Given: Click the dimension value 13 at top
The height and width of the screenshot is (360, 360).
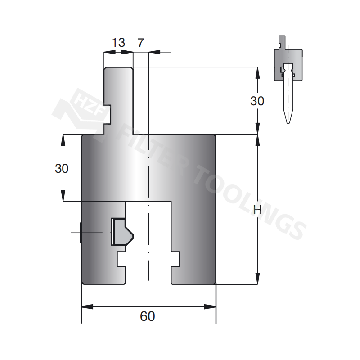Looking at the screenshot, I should coord(118,43).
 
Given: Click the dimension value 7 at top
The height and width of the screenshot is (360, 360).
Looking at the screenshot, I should coord(140,43).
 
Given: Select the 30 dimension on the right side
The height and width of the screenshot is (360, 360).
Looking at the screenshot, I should coord(257,101).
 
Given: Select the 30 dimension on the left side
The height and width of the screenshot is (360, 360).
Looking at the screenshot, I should coord(62,169).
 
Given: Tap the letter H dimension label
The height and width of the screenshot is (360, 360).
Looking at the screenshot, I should coord(257,210).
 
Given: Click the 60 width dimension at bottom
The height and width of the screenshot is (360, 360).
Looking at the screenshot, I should coord(147,316).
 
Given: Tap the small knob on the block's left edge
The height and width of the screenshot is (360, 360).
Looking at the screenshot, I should coord(80,232).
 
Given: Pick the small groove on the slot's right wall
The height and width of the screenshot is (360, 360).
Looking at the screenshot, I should coord(175,259).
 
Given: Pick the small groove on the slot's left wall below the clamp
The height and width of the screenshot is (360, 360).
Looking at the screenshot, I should coord(121,259).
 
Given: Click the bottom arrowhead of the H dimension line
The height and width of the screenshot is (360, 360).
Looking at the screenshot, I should coord(257,279).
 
